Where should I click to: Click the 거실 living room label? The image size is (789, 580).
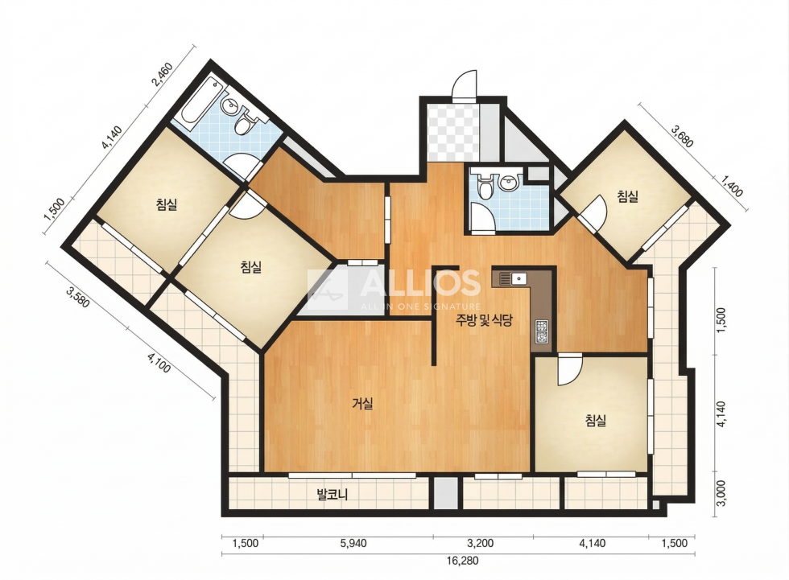click(x=362, y=403)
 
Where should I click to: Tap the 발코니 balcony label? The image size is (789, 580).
click(x=332, y=495)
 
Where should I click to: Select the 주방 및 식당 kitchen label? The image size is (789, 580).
click(x=484, y=320)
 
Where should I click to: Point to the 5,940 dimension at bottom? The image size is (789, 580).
click(x=353, y=543)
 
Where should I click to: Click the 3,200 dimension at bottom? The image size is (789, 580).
click(x=480, y=543)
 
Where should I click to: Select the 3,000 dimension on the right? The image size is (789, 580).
click(x=721, y=493)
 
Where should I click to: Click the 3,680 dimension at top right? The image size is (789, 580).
click(x=683, y=137)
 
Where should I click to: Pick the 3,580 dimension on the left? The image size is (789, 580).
click(x=78, y=297)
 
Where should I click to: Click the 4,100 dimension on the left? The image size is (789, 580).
click(x=159, y=362)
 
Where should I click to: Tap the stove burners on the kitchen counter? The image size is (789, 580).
click(x=542, y=331)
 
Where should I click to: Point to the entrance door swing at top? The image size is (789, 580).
click(x=464, y=86)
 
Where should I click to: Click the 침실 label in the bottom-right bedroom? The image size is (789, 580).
click(x=596, y=420)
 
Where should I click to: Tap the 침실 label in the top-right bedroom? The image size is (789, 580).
click(x=628, y=196)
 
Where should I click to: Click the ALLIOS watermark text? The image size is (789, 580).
click(x=420, y=283)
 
